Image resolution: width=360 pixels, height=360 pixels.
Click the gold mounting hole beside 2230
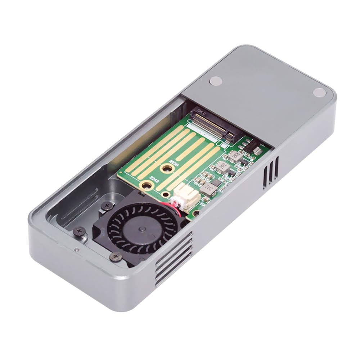[x=167, y=168]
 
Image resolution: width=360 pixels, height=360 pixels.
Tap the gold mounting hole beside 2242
[x=147, y=186]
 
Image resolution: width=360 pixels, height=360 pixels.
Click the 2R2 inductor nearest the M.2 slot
[x=236, y=156]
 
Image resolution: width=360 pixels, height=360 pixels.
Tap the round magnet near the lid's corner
[x=319, y=92]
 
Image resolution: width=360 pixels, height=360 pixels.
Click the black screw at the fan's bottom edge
[x=115, y=257]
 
